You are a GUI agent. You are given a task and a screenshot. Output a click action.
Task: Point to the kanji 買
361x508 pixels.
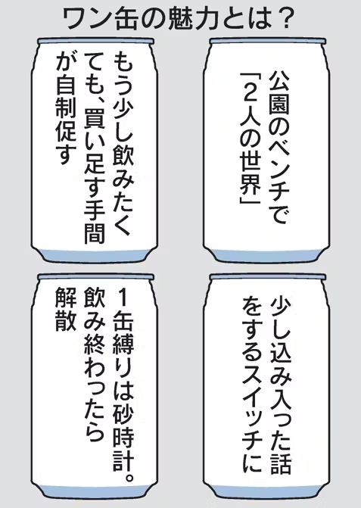[x=94, y=119]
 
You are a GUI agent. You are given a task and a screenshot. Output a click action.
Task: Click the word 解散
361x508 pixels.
[x=66, y=309]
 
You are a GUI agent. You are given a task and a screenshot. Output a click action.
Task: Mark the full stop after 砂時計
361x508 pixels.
[x=129, y=477]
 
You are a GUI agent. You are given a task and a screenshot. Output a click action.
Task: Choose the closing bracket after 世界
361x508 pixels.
[x=249, y=200]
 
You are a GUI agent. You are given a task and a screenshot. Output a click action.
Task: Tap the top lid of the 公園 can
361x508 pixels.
[x=268, y=41]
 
